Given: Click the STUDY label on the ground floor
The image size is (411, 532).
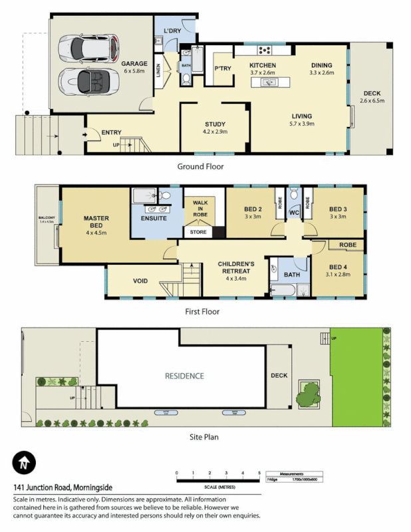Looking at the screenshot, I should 215,124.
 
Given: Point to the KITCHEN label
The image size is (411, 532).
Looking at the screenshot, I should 262,65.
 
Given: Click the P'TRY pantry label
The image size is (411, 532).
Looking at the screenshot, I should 221,68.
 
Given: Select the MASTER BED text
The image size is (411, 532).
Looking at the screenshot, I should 96,221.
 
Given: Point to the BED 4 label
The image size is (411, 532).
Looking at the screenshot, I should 339,267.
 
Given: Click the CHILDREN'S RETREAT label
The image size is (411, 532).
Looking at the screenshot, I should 236,267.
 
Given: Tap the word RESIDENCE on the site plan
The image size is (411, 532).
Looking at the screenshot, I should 185,376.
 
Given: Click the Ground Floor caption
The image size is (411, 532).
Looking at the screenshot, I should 200,167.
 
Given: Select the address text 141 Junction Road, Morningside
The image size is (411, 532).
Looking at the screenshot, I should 64,487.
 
